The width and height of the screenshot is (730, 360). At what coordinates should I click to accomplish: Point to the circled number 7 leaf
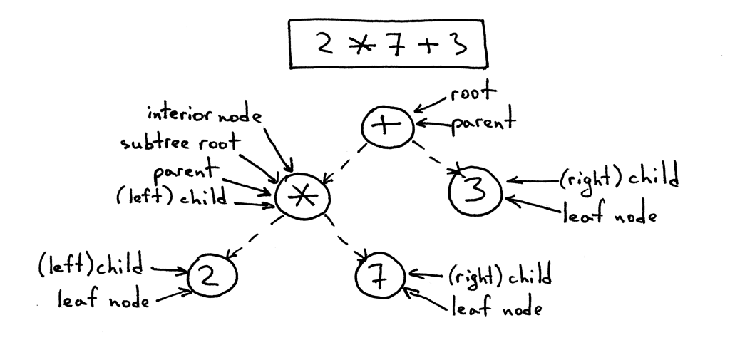pyautogui.click(x=380, y=276)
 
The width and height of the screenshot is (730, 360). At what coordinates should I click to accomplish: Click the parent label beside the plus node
pyautogui.click(x=482, y=123)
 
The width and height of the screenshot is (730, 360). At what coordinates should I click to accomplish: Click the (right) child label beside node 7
pyautogui.click(x=499, y=274)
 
